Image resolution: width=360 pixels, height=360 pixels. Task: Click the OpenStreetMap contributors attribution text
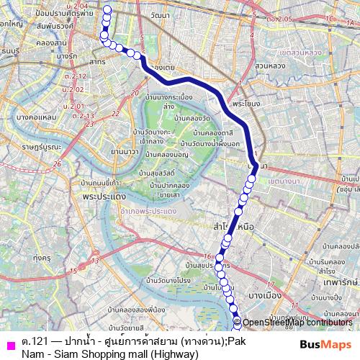(x=297, y=323)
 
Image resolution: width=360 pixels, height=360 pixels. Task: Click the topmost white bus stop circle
(x=107, y=9)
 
